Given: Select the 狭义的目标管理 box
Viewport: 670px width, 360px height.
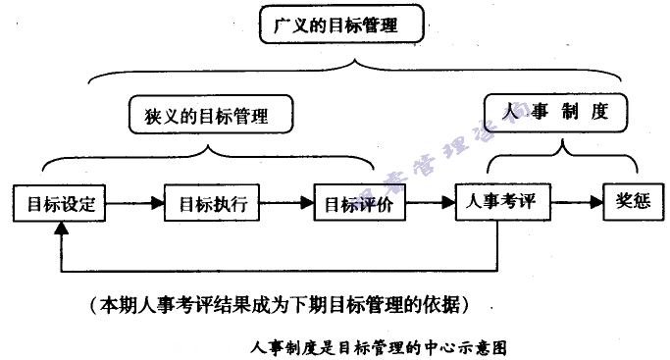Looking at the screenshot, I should pyautogui.click(x=211, y=115).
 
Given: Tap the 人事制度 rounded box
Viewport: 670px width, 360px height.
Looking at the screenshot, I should pyautogui.click(x=556, y=111).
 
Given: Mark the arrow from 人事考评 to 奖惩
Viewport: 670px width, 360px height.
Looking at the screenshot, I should pyautogui.click(x=576, y=202).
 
